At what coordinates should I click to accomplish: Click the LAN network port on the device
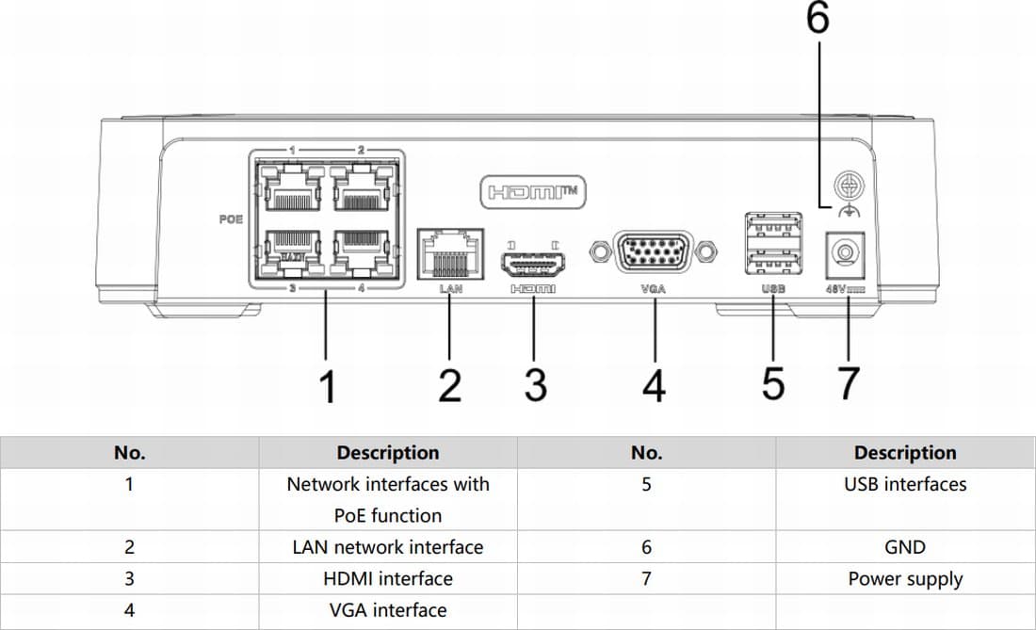pyautogui.click(x=449, y=252)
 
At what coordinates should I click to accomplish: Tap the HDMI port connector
pyautogui.click(x=533, y=257)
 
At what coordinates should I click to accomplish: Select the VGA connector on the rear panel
pyautogui.click(x=653, y=252)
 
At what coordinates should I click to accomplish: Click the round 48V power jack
pyautogui.click(x=846, y=253)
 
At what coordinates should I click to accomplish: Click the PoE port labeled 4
pyautogui.click(x=363, y=250)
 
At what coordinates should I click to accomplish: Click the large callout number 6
pyautogui.click(x=817, y=19)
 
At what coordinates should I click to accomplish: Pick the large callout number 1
pyautogui.click(x=327, y=386)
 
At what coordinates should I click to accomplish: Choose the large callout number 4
pyautogui.click(x=654, y=386)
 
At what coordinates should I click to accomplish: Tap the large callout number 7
pyautogui.click(x=848, y=384)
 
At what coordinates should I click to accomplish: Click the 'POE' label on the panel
pyautogui.click(x=230, y=218)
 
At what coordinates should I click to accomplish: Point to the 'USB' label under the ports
pyautogui.click(x=773, y=289)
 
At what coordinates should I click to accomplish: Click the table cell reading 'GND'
pyautogui.click(x=905, y=547)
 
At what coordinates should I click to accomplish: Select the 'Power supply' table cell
pyautogui.click(x=905, y=579)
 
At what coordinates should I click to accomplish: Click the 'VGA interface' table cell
pyautogui.click(x=387, y=610)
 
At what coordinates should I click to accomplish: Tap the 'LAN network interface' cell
pyautogui.click(x=387, y=547)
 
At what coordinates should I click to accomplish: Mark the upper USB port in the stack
pyautogui.click(x=773, y=229)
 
